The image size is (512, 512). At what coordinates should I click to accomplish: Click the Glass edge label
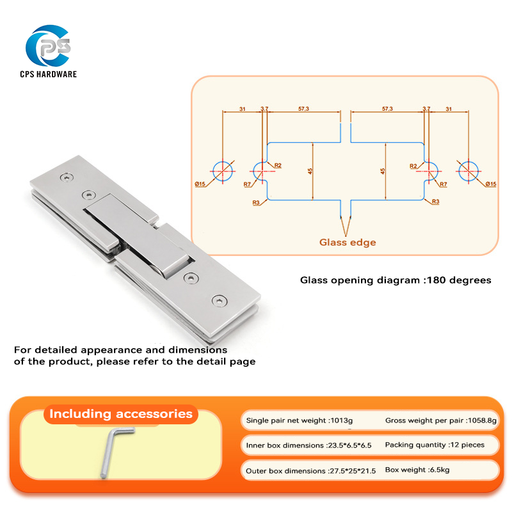348,242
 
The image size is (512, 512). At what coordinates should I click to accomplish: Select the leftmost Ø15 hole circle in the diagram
222,170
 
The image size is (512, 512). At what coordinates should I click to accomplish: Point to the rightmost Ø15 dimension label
490,184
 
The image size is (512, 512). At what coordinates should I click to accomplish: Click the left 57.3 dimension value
303,109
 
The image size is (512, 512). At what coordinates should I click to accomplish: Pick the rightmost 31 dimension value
448,109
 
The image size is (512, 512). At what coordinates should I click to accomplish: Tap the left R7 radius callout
247,184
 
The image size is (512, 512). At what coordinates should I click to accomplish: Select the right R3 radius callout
435,202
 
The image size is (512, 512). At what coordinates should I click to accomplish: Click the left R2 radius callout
278,165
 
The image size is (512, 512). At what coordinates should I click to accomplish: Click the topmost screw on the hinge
67,177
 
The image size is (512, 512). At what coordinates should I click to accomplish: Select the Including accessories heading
121,414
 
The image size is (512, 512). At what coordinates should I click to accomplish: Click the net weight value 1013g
340,420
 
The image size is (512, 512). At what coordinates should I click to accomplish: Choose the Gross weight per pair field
440,420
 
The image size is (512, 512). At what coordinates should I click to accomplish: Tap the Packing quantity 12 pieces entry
435,445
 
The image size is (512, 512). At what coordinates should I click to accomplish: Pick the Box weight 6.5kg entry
417,470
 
